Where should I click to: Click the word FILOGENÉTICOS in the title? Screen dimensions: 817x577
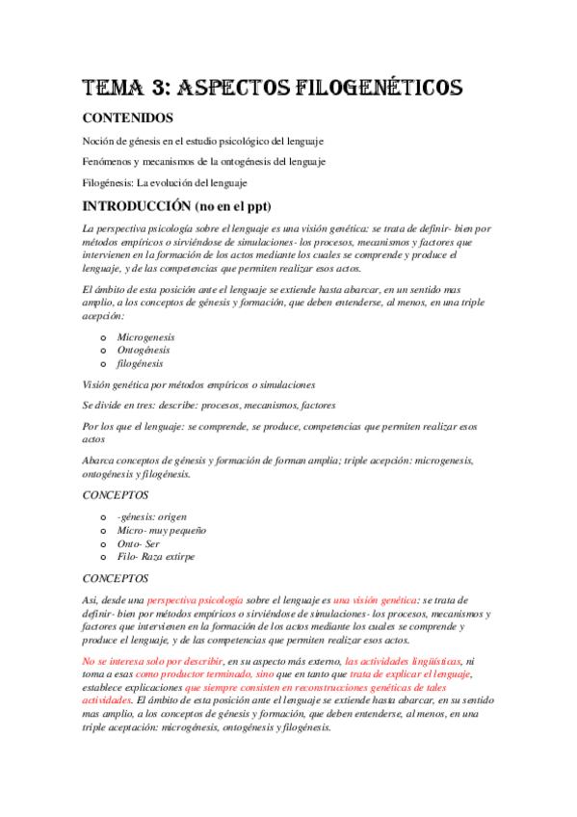coord(378,89)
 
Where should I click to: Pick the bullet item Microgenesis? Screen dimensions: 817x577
coord(146,337)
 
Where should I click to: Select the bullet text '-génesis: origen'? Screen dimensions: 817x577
coord(152,516)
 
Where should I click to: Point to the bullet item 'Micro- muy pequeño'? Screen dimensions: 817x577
coord(161,530)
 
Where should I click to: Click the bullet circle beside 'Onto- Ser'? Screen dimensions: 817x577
coord(104,544)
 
